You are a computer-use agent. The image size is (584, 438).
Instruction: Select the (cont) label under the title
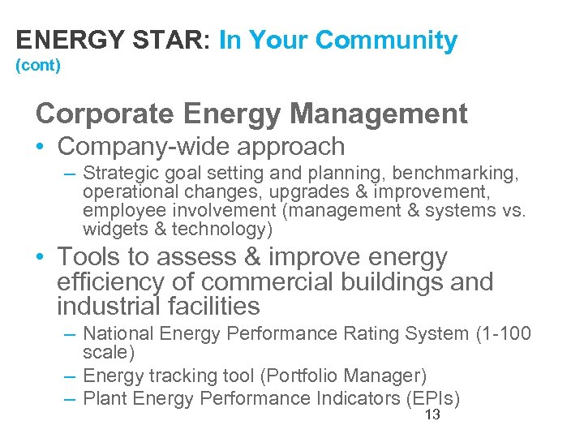(x=38, y=66)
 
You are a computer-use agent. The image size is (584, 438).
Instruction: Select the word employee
(x=118, y=211)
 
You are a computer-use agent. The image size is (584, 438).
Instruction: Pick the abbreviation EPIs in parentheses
(x=432, y=398)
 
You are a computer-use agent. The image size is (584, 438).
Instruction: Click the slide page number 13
(x=432, y=415)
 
